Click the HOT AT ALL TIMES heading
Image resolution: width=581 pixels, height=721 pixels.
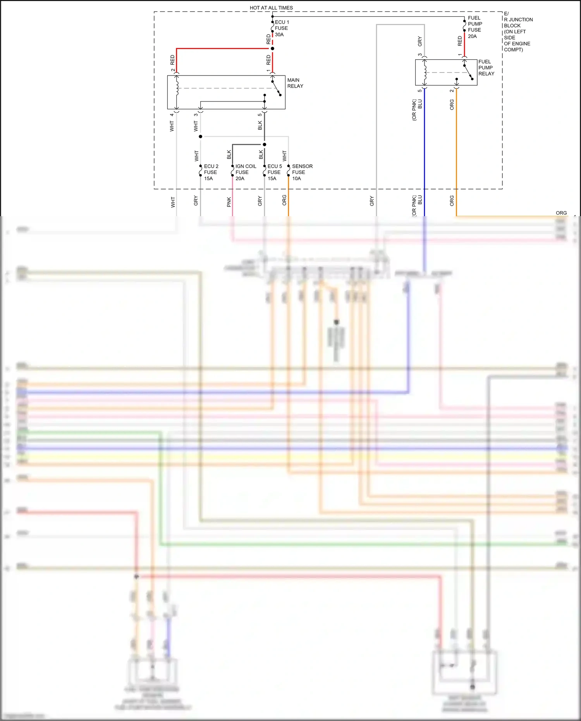(x=271, y=8)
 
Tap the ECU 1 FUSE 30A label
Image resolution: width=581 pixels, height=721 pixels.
(x=282, y=28)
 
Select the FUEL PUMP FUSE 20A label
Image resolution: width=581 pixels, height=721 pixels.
(x=474, y=27)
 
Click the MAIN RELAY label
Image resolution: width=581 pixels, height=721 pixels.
(x=295, y=83)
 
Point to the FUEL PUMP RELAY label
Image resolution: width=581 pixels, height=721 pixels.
(x=486, y=67)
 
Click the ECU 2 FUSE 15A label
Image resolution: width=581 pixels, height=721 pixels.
(x=211, y=172)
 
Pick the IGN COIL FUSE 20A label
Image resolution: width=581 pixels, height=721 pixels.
(x=245, y=172)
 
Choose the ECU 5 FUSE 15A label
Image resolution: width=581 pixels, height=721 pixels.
(x=274, y=172)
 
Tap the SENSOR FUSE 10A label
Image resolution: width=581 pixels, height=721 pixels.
(x=302, y=172)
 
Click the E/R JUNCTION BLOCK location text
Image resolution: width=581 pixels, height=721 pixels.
(x=518, y=31)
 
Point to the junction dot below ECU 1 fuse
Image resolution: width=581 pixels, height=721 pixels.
(x=272, y=48)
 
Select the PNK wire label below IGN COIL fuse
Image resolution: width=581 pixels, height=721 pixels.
(x=229, y=201)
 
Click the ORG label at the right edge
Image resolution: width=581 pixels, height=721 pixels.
(x=561, y=213)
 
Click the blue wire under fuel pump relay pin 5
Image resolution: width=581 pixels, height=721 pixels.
(x=425, y=155)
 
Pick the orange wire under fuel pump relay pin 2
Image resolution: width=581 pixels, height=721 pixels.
(x=456, y=155)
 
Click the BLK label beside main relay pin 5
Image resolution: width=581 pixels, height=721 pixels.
(x=260, y=125)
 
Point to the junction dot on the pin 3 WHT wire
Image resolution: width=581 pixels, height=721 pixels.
(x=200, y=136)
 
